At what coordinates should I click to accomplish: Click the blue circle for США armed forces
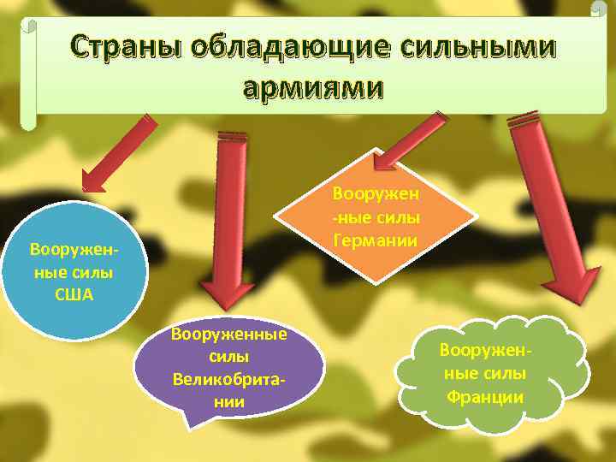[x=72, y=270]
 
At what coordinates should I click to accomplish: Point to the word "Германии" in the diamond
[x=376, y=240]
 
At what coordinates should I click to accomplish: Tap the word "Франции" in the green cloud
[x=484, y=397]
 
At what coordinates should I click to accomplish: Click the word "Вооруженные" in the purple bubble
[x=229, y=334]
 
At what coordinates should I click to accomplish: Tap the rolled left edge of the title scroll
[x=28, y=73]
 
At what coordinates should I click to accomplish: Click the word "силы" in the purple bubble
[x=229, y=354]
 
